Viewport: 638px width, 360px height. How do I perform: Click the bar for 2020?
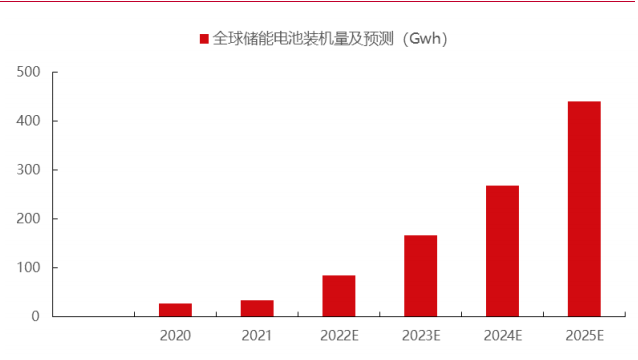175,310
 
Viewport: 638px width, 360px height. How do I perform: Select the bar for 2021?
257,308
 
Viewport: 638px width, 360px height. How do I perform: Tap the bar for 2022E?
339,296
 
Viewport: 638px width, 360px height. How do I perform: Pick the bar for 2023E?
420,276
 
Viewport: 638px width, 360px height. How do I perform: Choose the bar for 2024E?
502,251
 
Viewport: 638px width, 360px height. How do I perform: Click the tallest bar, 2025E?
584,209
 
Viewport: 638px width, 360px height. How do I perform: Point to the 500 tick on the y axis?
28,72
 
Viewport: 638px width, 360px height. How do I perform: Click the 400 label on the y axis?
28,121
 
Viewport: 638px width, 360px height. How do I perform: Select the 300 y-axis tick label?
28,170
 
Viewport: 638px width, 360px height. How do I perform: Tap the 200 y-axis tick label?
28,219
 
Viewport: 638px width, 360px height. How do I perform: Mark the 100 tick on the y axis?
28,268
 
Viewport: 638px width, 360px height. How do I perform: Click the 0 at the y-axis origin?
35,317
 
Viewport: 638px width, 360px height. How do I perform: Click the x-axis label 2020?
175,336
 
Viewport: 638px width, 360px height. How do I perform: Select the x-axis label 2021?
257,336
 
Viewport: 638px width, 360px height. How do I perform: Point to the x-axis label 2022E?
339,336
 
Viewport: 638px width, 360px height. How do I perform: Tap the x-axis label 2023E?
420,336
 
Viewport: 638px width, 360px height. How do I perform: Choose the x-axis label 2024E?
502,336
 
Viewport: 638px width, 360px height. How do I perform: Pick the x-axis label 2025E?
584,336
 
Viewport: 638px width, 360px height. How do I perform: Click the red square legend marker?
204,39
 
